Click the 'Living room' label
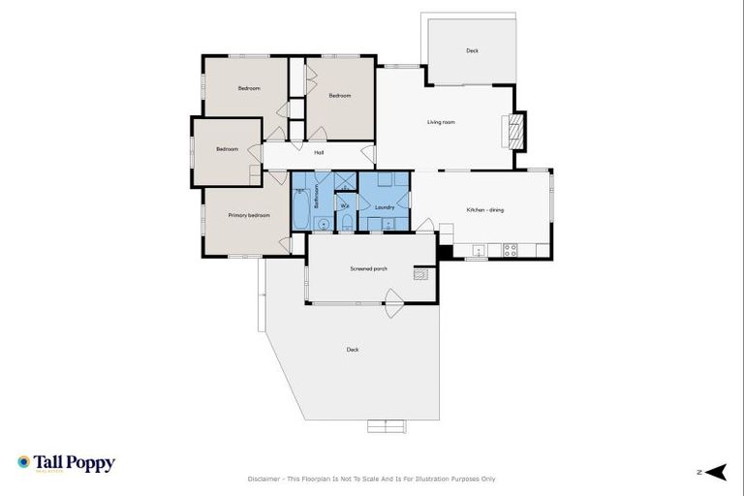click(x=441, y=122)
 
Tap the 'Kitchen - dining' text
click(x=484, y=210)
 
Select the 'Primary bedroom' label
click(x=249, y=215)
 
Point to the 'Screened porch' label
click(x=368, y=267)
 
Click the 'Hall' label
click(x=318, y=152)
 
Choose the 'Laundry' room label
click(x=384, y=207)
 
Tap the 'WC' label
click(x=345, y=204)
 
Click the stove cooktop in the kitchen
click(x=510, y=250)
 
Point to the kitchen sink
click(x=479, y=250)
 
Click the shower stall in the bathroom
click(x=344, y=181)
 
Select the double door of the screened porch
click(x=393, y=308)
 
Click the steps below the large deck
click(x=387, y=426)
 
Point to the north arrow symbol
click(x=716, y=472)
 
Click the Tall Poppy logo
click(x=66, y=464)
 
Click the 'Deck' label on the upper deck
click(x=472, y=50)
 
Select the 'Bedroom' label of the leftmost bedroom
click(x=227, y=149)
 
